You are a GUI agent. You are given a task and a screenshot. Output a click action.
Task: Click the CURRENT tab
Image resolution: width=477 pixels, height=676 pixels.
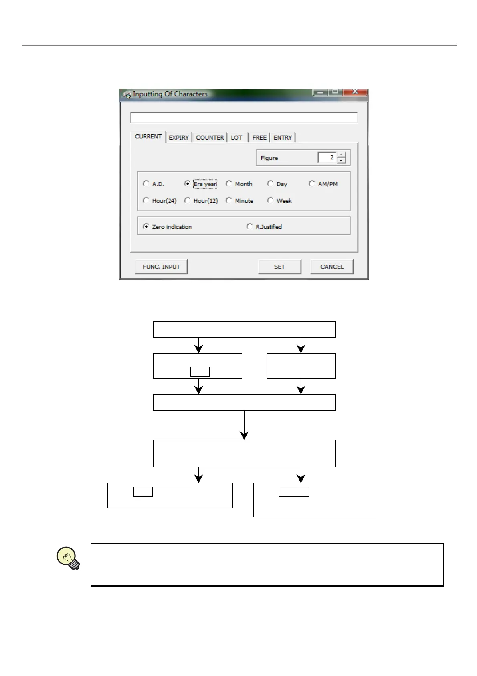point(148,137)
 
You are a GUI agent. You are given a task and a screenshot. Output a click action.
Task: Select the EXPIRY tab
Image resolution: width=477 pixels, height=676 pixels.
point(179,138)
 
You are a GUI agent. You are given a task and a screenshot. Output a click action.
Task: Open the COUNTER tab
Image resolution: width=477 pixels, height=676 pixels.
point(210,138)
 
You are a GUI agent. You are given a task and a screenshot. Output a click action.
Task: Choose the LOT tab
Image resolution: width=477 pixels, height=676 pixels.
point(236,138)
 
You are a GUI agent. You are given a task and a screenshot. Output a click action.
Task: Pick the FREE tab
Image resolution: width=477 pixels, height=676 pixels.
point(259,138)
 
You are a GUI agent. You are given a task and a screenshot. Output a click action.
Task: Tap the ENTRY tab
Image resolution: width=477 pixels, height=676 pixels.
point(283,138)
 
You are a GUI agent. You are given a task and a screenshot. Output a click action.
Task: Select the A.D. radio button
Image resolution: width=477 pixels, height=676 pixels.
point(146,184)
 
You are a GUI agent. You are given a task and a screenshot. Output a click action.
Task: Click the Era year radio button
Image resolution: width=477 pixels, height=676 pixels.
point(187,184)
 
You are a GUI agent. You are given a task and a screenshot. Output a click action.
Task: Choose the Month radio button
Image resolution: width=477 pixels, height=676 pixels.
point(229,184)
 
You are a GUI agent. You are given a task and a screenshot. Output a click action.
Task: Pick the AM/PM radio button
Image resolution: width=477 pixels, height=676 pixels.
point(312,184)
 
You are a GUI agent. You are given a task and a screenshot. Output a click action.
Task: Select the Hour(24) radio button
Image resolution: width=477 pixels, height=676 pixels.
point(146,200)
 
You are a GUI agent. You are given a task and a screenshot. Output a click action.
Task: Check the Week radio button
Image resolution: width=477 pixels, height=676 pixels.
point(271,200)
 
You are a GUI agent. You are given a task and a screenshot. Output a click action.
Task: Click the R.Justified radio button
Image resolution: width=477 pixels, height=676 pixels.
point(250,227)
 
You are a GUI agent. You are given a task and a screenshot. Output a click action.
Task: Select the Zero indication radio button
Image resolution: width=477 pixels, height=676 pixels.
point(146,227)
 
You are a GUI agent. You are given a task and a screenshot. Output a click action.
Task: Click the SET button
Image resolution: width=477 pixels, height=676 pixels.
point(279,267)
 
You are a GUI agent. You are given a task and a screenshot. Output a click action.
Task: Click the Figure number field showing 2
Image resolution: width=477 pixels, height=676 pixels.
point(327,158)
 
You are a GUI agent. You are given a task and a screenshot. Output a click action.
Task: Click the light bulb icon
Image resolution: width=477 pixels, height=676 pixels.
point(68,558)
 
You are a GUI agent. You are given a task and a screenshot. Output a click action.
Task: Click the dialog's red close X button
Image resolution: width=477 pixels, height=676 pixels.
point(355,92)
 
